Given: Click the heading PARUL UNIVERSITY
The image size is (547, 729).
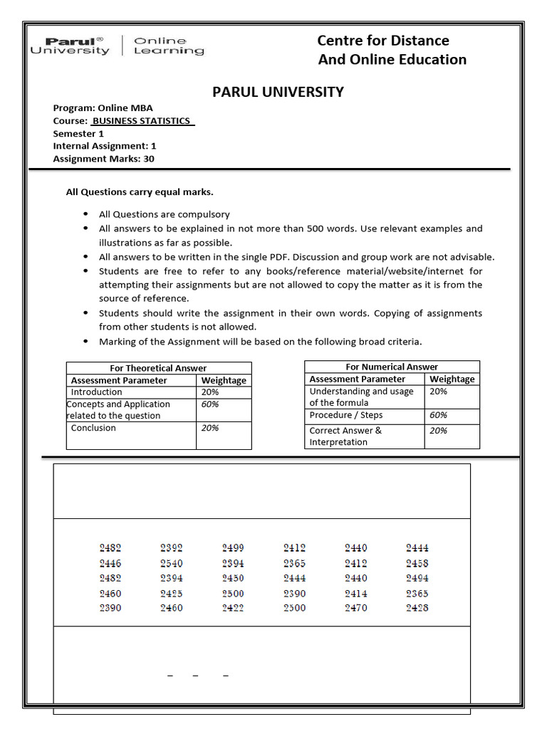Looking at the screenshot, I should pos(278,92).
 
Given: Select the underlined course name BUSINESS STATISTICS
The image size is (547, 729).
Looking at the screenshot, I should pos(142,121).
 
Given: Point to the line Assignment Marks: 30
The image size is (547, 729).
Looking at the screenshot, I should pos(103,159).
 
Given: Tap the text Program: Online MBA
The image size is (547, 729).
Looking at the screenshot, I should pos(103,108).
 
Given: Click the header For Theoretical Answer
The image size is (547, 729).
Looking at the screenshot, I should pos(158,368).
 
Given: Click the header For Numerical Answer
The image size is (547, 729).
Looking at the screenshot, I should pos(392,367).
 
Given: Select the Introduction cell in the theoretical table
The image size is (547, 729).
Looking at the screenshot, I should pos(97,392).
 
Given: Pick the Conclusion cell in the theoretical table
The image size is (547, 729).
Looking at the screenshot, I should pos(93,428).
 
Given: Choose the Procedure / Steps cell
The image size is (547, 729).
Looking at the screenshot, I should pos(346,415).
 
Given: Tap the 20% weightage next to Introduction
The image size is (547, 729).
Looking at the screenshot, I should pos(210,392).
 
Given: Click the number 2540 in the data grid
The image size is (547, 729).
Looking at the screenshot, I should pos(172,563).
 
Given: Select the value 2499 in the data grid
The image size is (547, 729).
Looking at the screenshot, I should pos(233,548).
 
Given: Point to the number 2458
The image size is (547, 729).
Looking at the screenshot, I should pos(417,563).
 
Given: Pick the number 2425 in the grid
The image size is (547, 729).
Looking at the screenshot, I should pos(172,593).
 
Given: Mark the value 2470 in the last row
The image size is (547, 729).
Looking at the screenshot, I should pos(356,608).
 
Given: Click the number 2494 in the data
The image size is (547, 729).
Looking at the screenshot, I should pos(417,578).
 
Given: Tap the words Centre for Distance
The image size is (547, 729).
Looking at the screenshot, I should pos(383,41).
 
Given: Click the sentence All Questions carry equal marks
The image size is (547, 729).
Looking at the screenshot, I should pos(140,192).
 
